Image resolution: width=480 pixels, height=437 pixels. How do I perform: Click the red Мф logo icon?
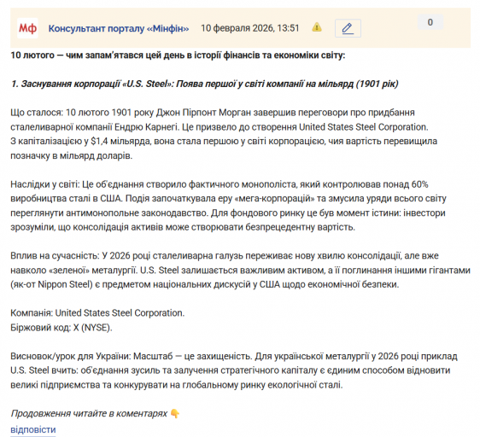coord(28,28)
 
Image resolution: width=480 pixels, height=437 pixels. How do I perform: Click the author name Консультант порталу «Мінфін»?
coord(119,28)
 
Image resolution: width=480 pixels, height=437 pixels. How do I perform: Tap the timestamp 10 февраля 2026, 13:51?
coord(249,28)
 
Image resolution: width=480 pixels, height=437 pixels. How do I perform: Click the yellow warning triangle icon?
coord(317,27)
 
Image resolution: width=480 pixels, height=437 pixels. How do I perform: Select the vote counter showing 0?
coord(430,23)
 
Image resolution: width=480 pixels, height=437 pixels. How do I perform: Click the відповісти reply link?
coord(33,428)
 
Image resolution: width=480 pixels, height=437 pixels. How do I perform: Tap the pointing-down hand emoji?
coord(175,413)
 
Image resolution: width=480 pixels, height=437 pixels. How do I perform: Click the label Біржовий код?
coord(40,327)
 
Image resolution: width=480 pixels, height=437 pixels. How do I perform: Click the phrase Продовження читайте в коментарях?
coord(89,413)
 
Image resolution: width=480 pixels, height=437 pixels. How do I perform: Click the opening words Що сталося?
coord(37,113)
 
